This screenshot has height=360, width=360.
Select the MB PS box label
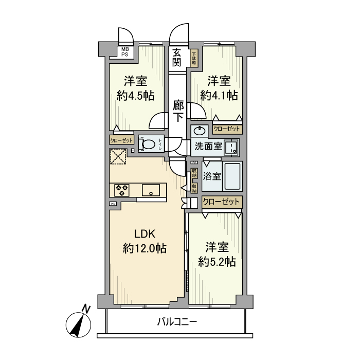[x=125, y=51]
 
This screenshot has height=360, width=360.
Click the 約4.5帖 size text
[x=135, y=96]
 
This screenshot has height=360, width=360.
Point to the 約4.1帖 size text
[x=219, y=95]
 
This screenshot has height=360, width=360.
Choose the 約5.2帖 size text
[x=217, y=262]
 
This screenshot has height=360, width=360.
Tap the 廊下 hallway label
[x=178, y=111]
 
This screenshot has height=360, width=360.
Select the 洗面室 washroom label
[x=207, y=146]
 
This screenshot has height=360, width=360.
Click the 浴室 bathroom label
[x=212, y=176]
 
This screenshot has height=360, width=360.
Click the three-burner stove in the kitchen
[x=122, y=190]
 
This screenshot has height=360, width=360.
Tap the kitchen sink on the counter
[x=152, y=190]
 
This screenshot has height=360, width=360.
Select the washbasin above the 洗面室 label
[x=199, y=131]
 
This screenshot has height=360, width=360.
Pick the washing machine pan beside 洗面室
[x=232, y=147]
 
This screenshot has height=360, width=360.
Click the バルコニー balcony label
[x=176, y=322]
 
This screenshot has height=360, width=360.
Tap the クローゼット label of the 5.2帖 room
[x=222, y=202]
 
